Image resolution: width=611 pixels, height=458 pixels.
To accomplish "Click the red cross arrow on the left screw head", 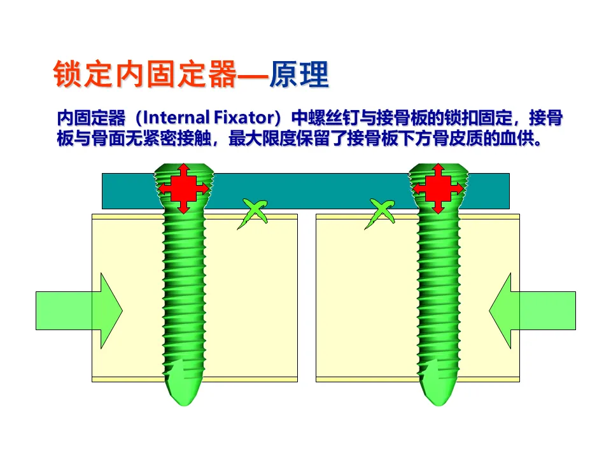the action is (x=183, y=188).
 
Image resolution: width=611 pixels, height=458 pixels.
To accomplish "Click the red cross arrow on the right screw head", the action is (x=438, y=188).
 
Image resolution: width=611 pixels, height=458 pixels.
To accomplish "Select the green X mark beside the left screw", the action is (x=252, y=213).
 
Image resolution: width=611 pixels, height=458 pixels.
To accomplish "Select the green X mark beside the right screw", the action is (x=381, y=213).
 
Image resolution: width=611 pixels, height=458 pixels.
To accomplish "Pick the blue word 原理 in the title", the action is (x=299, y=75).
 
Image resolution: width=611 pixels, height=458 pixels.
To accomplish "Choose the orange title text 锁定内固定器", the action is (x=144, y=75).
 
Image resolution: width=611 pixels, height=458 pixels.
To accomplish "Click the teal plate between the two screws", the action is (x=312, y=191).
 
